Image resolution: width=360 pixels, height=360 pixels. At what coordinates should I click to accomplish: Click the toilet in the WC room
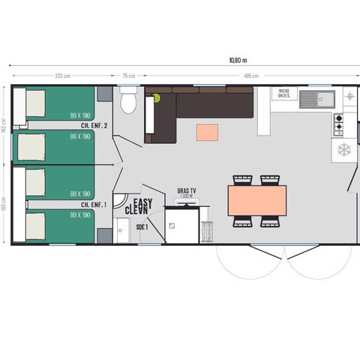[128, 100]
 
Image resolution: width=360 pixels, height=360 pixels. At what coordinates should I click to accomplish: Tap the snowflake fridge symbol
[344, 150]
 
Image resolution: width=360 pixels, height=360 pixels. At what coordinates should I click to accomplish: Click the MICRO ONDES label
[289, 94]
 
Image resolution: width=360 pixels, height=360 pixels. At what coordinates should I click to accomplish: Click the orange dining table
[256, 200]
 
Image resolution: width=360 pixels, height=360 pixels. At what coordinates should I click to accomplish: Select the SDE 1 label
[142, 226]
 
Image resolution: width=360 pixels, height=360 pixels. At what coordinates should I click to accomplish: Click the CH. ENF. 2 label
[94, 126]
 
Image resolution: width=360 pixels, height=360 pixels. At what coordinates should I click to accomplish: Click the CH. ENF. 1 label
[94, 204]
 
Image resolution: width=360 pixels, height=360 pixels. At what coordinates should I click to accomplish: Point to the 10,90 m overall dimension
[238, 60]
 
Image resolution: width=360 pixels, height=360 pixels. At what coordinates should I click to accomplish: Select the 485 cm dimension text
[250, 76]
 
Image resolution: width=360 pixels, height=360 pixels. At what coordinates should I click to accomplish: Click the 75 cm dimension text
[128, 76]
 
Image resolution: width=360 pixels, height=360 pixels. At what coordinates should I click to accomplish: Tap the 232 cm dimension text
[62, 76]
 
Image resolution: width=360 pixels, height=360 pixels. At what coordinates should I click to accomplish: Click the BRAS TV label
[186, 190]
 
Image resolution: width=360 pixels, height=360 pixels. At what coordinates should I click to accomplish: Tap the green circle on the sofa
[157, 97]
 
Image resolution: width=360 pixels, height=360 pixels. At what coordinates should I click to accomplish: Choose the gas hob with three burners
[338, 123]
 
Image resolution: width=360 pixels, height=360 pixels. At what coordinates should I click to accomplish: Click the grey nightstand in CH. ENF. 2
[104, 94]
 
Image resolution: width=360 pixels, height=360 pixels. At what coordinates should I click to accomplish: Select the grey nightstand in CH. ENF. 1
[104, 235]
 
